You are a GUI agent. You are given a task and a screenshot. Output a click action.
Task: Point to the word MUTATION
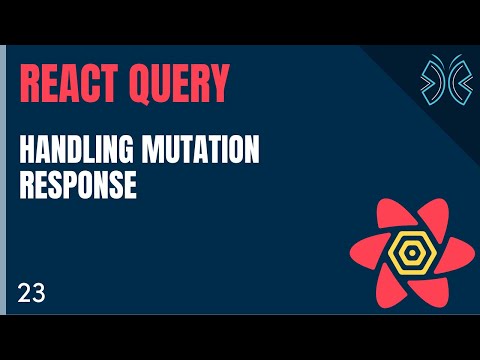point(209,152)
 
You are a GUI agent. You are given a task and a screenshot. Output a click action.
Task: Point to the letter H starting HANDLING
point(28,152)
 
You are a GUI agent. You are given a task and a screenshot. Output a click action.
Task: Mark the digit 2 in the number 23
point(23,293)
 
